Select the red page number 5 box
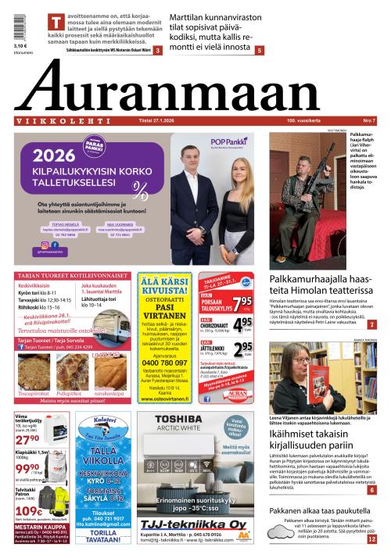(x=259, y=50)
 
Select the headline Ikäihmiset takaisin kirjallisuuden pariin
(x=321, y=444)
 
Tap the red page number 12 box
(x=371, y=539)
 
